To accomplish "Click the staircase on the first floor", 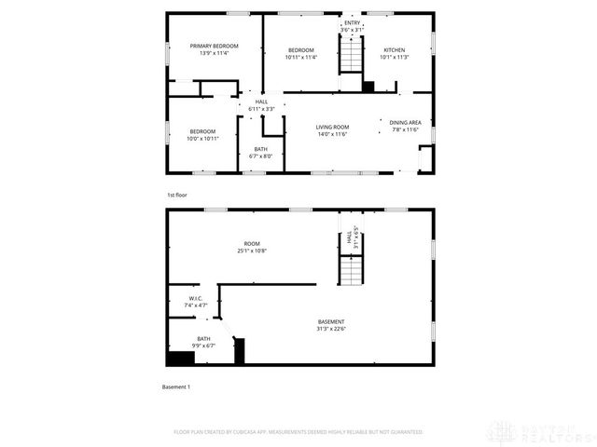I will (351, 59).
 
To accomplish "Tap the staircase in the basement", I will (350, 271).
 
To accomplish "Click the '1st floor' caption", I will (177, 196).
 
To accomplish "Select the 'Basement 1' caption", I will (176, 386).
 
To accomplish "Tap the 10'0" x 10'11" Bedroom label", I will (202, 134).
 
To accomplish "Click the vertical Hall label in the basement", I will (352, 239).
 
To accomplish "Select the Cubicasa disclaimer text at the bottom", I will (298, 432).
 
